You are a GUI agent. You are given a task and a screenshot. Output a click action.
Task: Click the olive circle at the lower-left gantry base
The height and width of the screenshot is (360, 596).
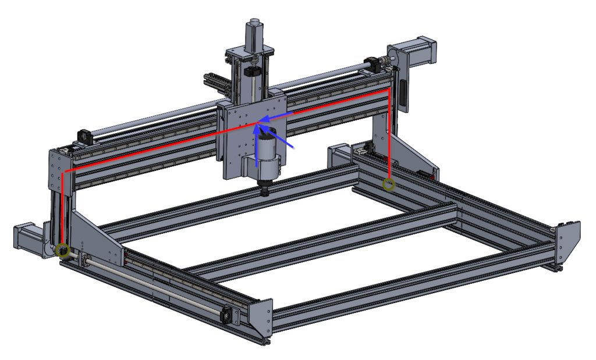[63, 251]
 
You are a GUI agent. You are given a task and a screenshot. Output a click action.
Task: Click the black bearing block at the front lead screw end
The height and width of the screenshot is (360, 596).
[228, 315]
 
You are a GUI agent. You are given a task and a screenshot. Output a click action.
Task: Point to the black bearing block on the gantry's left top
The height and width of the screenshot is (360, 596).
[83, 136]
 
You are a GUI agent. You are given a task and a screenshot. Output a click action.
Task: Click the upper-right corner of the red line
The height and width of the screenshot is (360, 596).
[388, 91]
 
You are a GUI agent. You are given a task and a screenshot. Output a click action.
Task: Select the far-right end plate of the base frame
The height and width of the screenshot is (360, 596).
[567, 244]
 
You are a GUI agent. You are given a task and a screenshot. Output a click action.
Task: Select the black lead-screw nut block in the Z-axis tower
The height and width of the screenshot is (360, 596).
[252, 72]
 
